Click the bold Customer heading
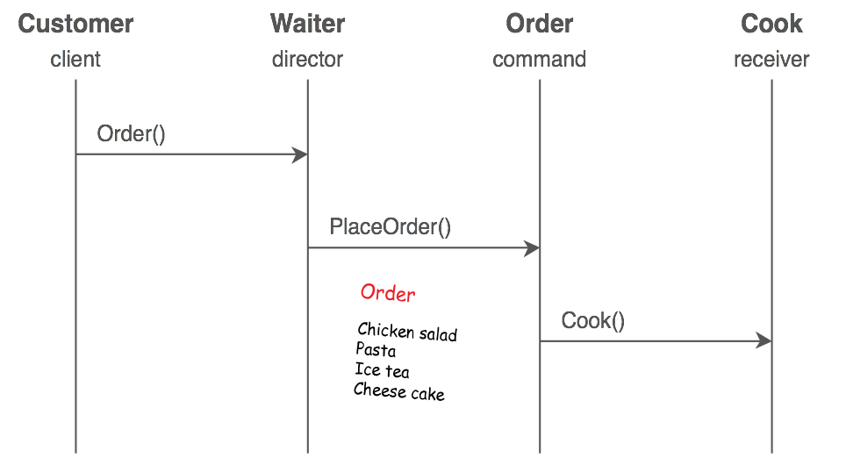(76, 24)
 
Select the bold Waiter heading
(307, 24)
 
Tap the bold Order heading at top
(539, 24)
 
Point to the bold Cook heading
(771, 24)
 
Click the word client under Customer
(75, 60)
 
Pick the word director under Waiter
(307, 60)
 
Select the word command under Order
(539, 60)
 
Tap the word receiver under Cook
(771, 60)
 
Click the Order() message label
(131, 134)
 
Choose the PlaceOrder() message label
(390, 227)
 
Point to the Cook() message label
(593, 321)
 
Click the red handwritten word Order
(387, 293)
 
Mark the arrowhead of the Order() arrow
(300, 155)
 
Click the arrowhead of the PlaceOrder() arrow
(532, 248)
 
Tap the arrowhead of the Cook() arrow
(764, 341)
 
